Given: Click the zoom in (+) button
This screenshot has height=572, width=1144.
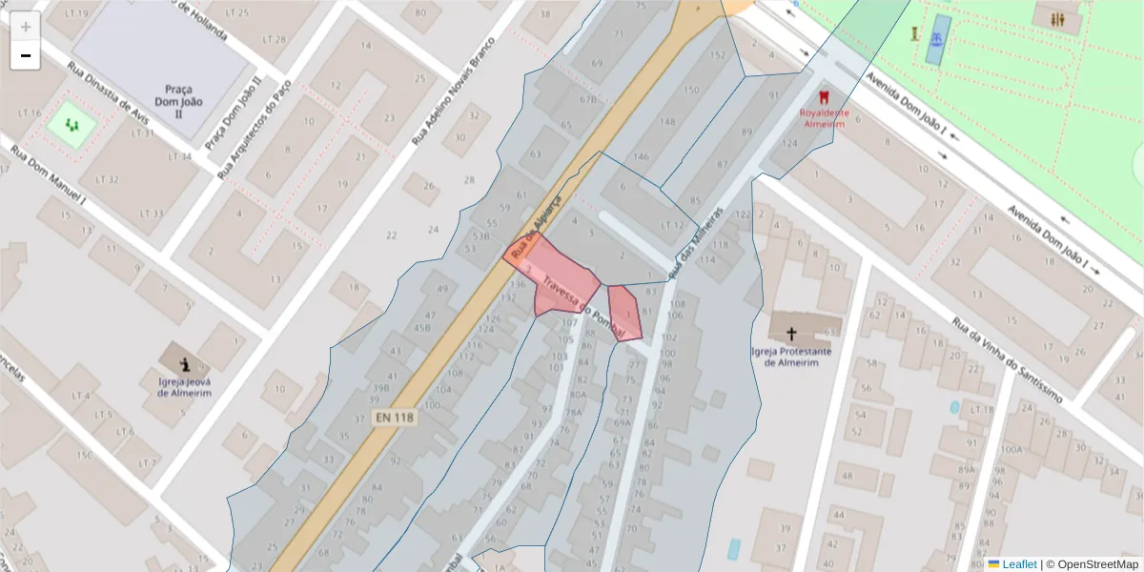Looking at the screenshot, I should tap(26, 27).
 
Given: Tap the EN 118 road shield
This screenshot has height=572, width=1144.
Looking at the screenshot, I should tap(395, 418).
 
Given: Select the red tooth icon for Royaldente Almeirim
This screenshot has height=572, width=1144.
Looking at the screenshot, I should tap(822, 96).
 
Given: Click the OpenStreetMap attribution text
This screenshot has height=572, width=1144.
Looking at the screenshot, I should tap(1093, 563).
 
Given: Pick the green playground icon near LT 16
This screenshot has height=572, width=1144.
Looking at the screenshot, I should tap(72, 124).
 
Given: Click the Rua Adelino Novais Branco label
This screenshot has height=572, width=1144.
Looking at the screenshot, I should tap(455, 92).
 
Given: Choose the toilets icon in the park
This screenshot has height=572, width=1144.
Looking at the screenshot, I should tap(1059, 20).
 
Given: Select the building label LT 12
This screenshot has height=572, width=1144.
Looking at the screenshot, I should tap(673, 224).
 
